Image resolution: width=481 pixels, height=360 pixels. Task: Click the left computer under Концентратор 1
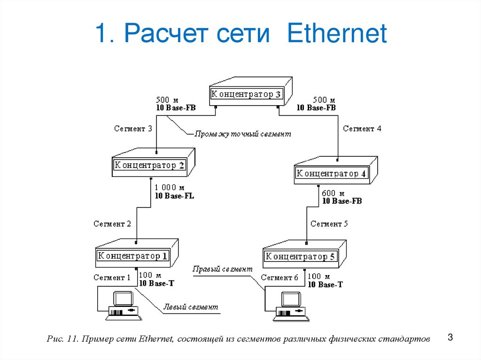pos(123,306)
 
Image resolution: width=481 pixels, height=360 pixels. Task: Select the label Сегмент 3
pos(133,129)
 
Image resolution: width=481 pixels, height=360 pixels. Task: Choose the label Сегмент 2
pos(112,224)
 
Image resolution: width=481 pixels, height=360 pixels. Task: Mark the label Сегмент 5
pos(329,224)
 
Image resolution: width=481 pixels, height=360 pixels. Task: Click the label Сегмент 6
pos(279,277)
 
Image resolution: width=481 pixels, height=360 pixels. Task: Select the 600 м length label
pos(334,193)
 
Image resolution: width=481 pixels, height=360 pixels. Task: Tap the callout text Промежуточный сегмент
pos(243,134)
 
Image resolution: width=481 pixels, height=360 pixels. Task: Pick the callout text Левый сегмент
pos(190,308)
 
